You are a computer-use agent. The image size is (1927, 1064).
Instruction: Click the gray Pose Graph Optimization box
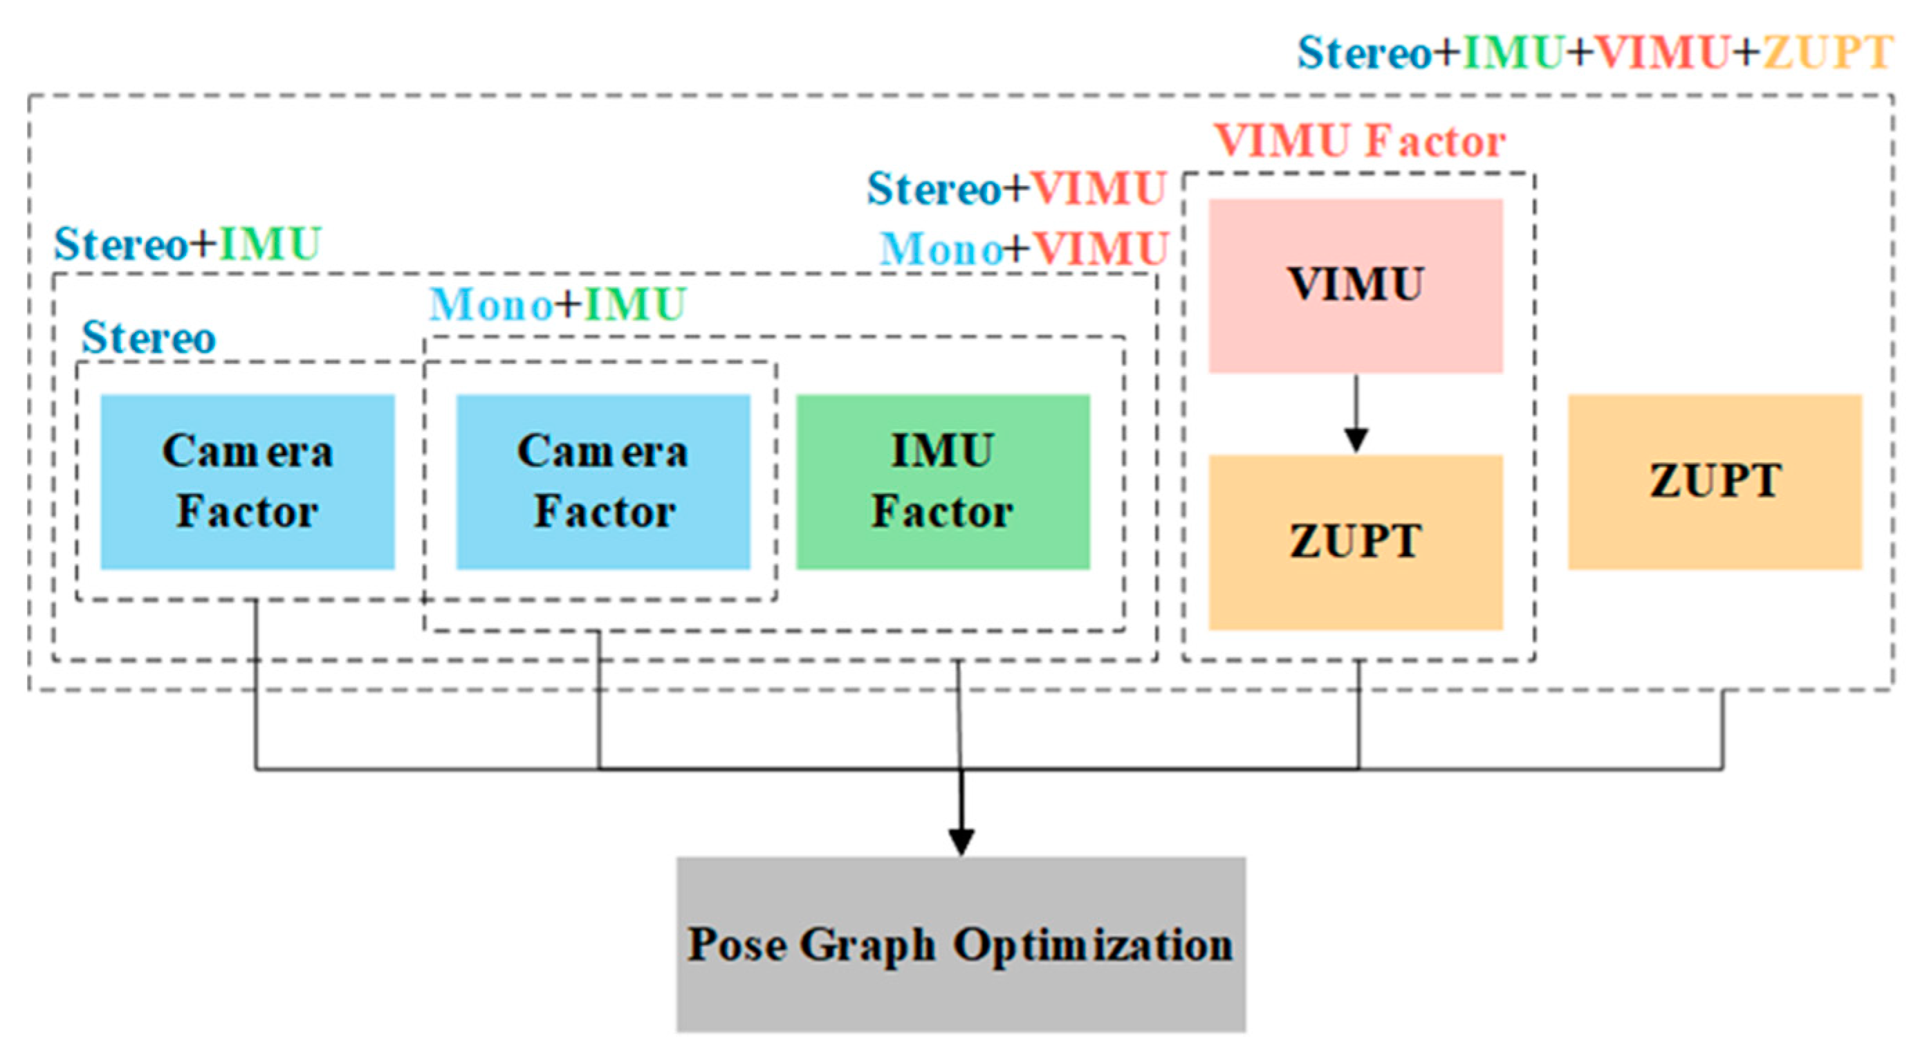click(x=961, y=944)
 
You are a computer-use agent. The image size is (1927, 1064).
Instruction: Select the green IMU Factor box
click(x=943, y=482)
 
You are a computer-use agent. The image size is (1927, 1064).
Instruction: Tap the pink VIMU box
click(x=1356, y=286)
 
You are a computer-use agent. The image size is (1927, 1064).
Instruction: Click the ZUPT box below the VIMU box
click(x=1356, y=542)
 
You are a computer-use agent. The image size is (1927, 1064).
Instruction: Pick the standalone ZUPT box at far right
click(x=1715, y=482)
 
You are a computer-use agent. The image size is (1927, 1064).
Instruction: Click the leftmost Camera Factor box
click(x=248, y=482)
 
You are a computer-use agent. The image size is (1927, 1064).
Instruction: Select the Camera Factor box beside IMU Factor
click(x=603, y=482)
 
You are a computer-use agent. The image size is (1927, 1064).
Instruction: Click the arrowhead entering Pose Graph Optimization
click(x=961, y=841)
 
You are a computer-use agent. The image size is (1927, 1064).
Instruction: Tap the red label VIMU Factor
click(x=1359, y=140)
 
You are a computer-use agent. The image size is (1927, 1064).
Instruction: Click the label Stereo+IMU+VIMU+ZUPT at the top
click(x=1595, y=53)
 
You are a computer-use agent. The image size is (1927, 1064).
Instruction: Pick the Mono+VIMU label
click(x=1024, y=248)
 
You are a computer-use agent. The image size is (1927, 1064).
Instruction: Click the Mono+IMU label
click(x=557, y=304)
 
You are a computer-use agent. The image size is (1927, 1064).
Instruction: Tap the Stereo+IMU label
click(x=187, y=244)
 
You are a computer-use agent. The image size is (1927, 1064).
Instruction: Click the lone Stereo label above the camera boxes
click(x=148, y=338)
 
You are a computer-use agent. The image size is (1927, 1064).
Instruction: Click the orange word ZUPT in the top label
click(x=1827, y=53)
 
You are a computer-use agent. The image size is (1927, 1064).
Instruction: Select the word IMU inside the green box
click(x=943, y=451)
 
